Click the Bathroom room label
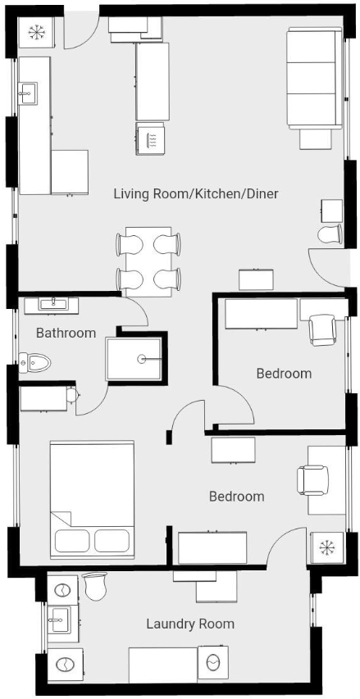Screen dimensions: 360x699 (66, 333)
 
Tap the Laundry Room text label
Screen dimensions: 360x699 (190, 624)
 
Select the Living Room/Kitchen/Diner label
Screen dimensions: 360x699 (196, 194)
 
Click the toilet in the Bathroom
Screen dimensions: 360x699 (34, 362)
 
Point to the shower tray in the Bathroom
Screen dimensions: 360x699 (134, 359)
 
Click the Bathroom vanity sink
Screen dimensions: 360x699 (52, 306)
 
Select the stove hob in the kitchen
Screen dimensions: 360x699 (150, 138)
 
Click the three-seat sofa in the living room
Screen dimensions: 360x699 (315, 79)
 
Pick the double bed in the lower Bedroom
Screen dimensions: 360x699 (93, 500)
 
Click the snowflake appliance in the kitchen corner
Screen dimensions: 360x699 (36, 32)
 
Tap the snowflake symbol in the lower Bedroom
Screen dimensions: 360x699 (326, 547)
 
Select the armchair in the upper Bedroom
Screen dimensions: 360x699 (322, 330)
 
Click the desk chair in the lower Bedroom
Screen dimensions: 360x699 (312, 479)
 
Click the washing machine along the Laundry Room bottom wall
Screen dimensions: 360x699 (212, 664)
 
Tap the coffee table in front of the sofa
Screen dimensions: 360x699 (316, 138)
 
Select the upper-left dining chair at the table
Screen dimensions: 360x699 (130, 244)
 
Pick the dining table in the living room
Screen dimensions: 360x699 (148, 261)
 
